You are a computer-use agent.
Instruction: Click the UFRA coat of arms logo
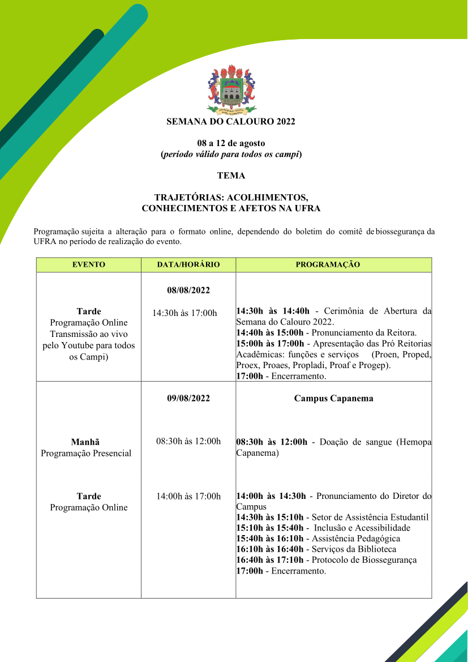231,90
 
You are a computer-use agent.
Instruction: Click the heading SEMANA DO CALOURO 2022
231,122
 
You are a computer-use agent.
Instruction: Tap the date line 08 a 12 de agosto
231,143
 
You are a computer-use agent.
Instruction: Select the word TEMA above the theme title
231,176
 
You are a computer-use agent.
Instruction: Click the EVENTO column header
89,264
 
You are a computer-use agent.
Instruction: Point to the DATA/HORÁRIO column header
188,264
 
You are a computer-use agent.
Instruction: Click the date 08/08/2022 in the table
188,291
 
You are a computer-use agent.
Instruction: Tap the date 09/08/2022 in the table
188,398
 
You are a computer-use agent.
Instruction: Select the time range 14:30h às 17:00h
184,313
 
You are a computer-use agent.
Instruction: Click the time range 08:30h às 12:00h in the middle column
188,441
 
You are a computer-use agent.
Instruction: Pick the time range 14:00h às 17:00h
188,497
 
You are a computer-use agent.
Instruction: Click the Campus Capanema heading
333,398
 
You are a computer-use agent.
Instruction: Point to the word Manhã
85,442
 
